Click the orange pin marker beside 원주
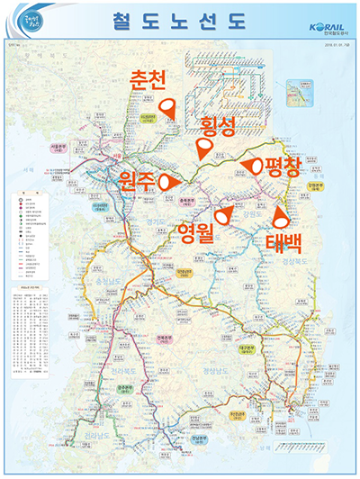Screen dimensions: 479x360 [x=165, y=181]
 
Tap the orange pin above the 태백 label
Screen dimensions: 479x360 [x=281, y=216]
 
